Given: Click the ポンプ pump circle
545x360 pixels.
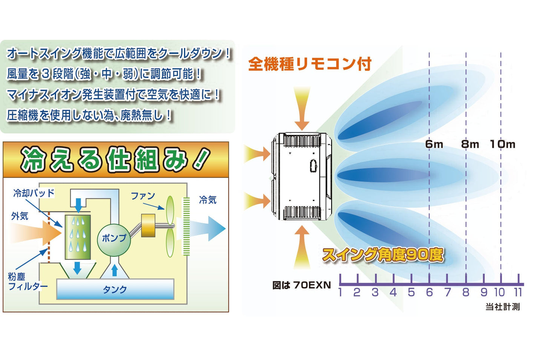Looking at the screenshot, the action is (x=114, y=240).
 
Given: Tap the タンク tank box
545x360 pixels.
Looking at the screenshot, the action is (x=115, y=289).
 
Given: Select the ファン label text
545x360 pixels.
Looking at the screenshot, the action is (x=143, y=196).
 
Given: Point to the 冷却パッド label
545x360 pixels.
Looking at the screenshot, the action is (x=34, y=193).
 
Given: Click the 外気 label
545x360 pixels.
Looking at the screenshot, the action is (x=20, y=216).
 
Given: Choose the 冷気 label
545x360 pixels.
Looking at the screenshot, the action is (x=207, y=200).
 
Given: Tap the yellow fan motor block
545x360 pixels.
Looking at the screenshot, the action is (x=148, y=225).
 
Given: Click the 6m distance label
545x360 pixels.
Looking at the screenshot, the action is (x=434, y=144).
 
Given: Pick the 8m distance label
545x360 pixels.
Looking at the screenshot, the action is (x=470, y=144).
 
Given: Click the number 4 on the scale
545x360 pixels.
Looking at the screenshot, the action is (x=393, y=292).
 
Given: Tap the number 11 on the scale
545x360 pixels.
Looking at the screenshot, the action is (x=518, y=292).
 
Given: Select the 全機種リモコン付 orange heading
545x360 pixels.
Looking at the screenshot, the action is (x=310, y=64).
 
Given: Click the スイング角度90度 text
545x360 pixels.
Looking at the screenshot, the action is (x=383, y=255).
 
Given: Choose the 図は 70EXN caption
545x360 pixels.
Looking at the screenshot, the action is (x=302, y=285).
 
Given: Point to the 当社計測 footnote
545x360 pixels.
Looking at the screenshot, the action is (x=503, y=307).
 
